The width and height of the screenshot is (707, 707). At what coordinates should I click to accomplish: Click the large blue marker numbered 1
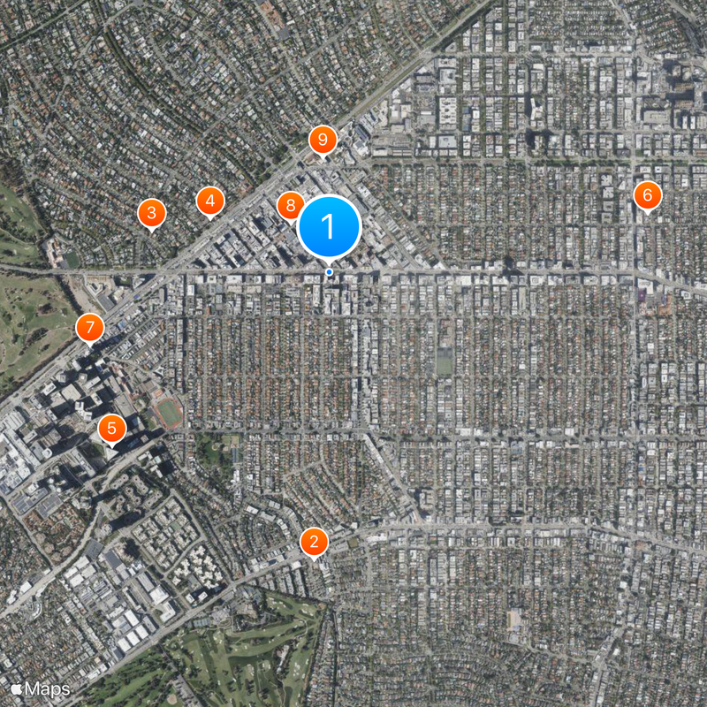329,227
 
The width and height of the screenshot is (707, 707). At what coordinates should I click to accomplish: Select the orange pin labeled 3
151,213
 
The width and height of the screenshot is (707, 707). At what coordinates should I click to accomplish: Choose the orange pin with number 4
209,201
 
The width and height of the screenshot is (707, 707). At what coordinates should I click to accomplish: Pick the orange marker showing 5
111,429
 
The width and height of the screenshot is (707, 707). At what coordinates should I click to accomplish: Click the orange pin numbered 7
89,327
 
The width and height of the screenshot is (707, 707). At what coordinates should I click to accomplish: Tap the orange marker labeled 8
289,207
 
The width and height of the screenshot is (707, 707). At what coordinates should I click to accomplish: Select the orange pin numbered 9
323,140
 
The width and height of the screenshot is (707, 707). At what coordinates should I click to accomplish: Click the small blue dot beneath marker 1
329,272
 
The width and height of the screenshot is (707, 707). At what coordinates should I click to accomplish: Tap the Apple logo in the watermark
16,688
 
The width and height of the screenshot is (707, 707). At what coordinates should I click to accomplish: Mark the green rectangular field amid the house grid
444,362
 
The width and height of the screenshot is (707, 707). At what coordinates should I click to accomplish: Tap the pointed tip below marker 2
314,559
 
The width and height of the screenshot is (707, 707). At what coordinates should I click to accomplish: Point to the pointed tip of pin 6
647,213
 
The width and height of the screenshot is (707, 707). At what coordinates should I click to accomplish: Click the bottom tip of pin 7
89,346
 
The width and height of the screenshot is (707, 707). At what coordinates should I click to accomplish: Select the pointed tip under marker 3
151,232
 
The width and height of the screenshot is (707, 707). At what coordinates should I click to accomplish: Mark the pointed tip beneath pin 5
111,447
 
